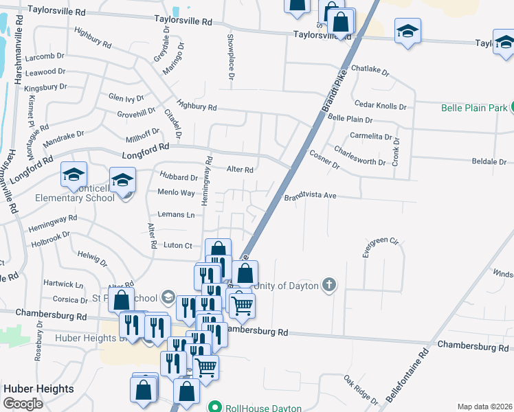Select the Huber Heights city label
point(38,389)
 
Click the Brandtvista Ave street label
point(310,196)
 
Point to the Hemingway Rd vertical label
point(205,182)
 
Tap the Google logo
point(23,404)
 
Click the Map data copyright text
point(484,407)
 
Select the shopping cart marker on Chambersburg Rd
point(241,304)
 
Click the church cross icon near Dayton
point(329,284)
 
